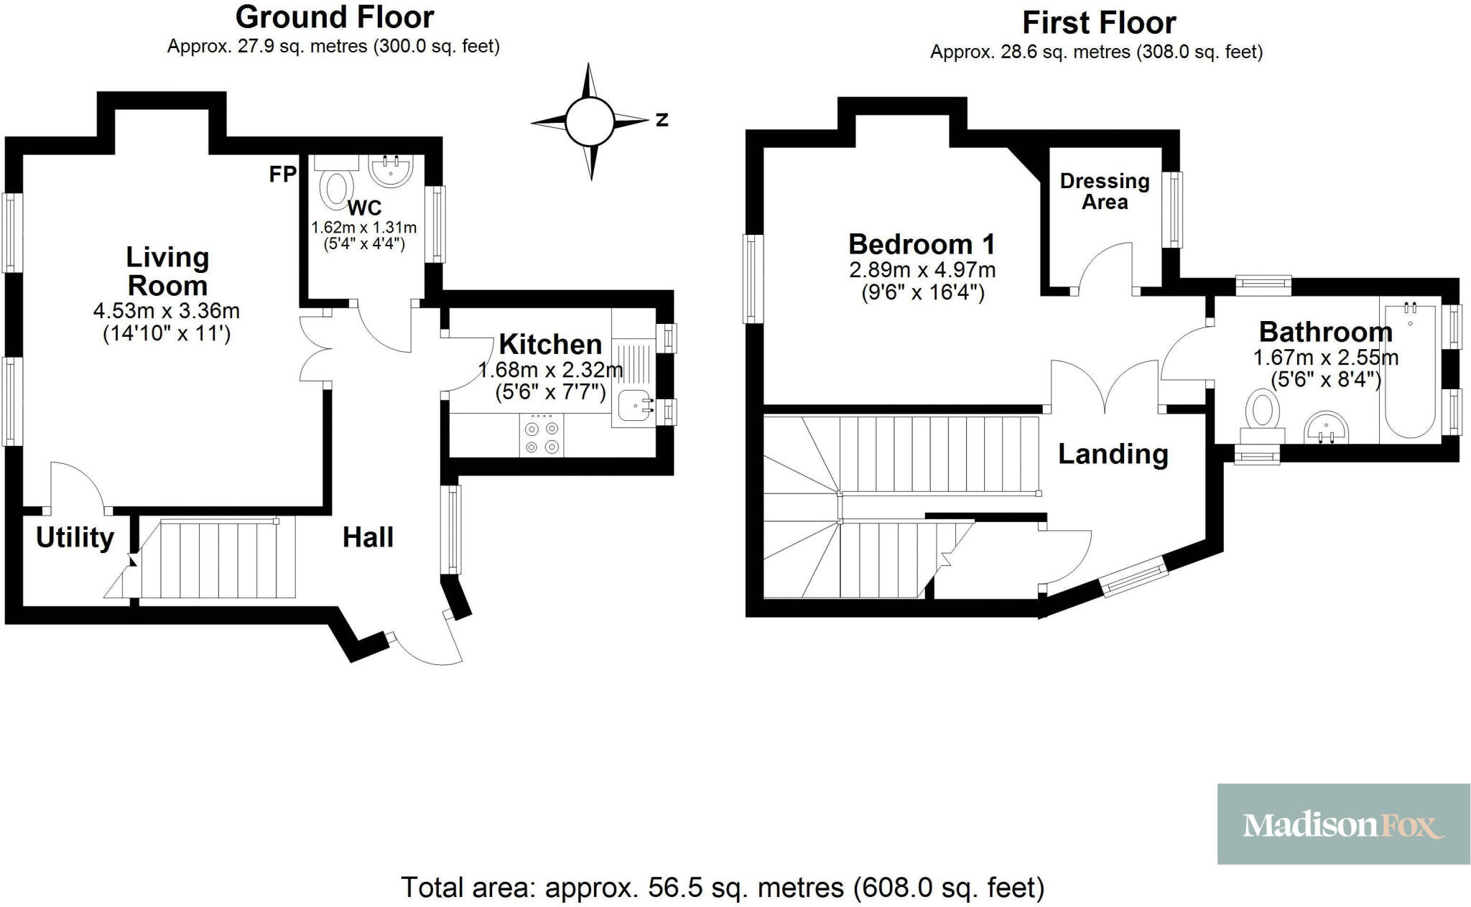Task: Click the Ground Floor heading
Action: click(x=334, y=17)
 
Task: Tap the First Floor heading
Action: click(x=1098, y=23)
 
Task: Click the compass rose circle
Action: click(x=589, y=121)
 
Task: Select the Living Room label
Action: click(x=167, y=271)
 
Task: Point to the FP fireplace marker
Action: click(x=282, y=174)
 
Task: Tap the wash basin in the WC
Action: click(x=391, y=171)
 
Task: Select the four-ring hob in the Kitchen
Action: click(x=542, y=437)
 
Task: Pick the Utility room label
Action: click(x=75, y=537)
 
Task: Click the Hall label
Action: click(x=368, y=537)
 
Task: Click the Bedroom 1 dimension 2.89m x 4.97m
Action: click(x=922, y=270)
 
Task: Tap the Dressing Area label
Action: click(x=1105, y=191)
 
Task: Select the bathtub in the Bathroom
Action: click(x=1410, y=371)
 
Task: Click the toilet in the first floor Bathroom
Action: click(x=1262, y=415)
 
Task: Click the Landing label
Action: click(x=1113, y=454)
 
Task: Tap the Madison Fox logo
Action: click(x=1342, y=824)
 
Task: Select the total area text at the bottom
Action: click(x=722, y=888)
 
